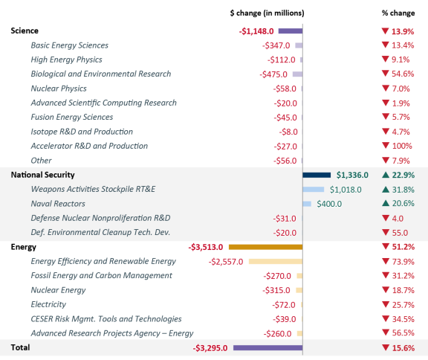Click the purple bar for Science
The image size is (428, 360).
pos(291,31)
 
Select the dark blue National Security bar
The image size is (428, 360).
pos(317,175)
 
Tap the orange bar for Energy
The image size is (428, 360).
pos(265,247)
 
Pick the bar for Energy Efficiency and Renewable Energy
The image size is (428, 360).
pos(275,261)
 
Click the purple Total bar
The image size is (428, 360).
pos(267,347)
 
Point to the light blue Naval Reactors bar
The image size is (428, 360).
pos(307,204)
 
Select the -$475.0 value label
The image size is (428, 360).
pos(274,74)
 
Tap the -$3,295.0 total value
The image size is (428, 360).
pos(211,347)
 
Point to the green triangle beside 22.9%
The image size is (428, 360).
pos(386,175)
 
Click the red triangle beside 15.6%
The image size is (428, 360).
pos(386,347)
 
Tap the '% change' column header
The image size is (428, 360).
pos(398,13)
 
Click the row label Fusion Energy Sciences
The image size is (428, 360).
pos(73,118)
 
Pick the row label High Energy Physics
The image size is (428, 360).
pos(66,60)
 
